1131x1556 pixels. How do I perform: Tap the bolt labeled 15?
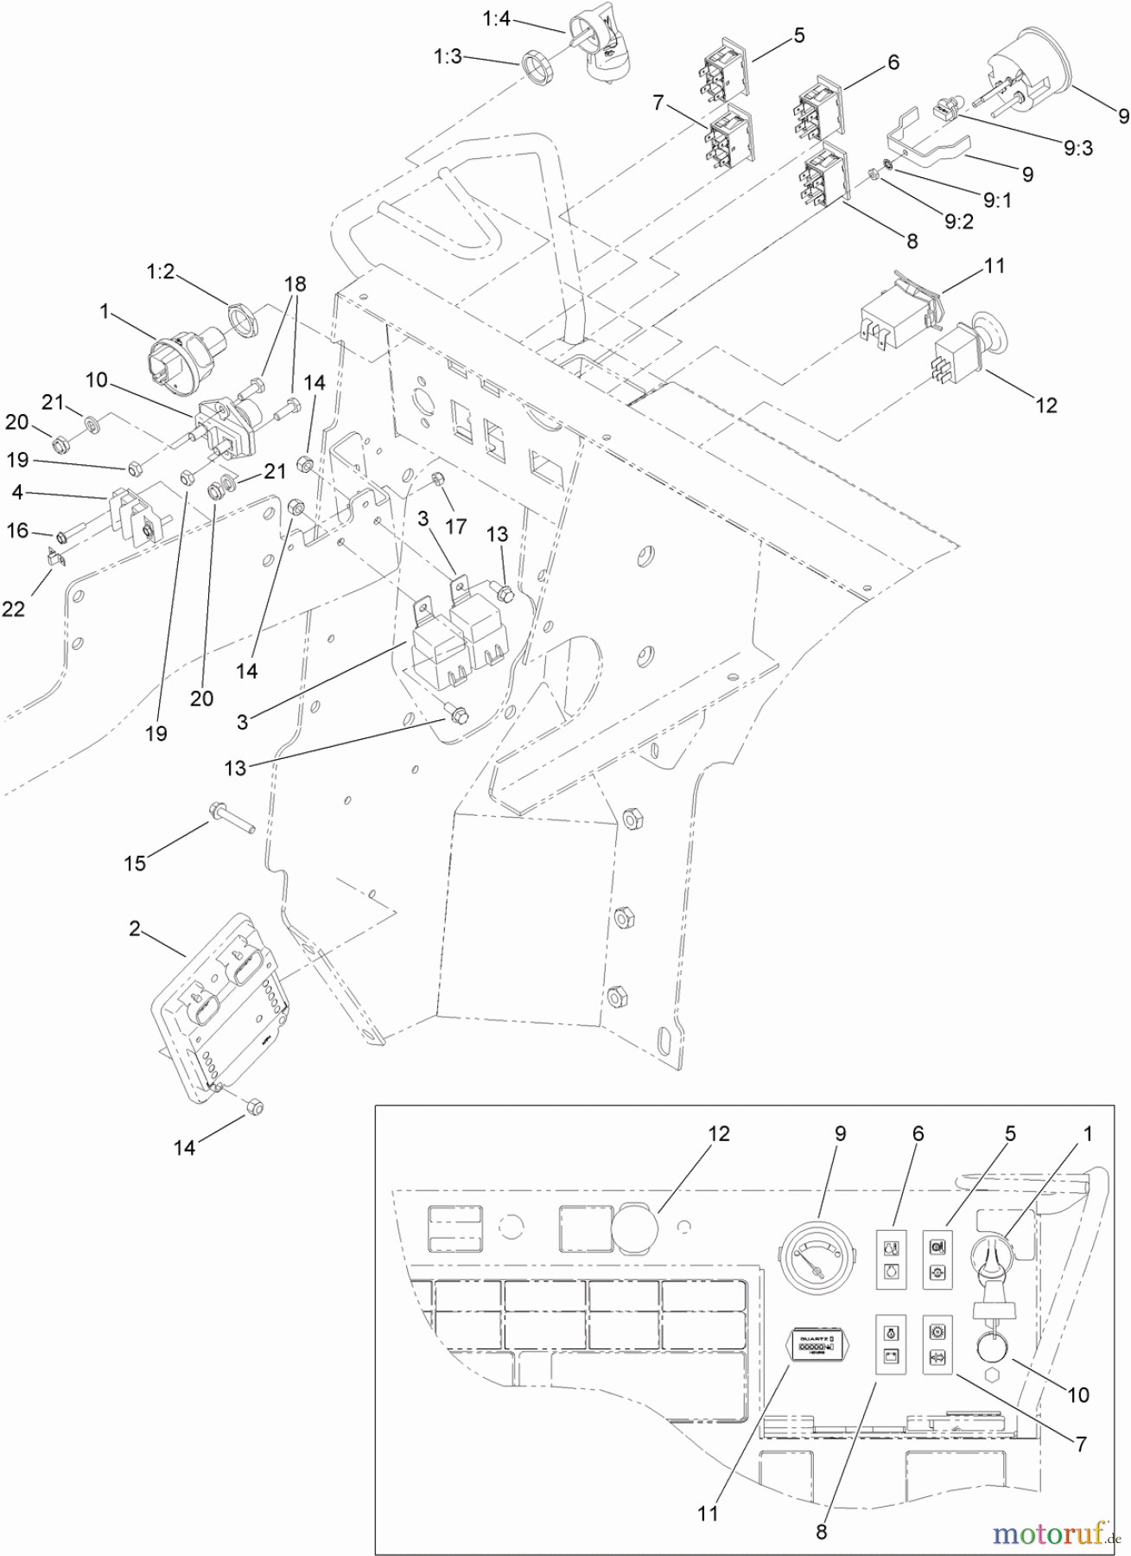tap(229, 817)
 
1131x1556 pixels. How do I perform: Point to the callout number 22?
tap(13, 609)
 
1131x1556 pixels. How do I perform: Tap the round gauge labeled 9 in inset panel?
tap(812, 1258)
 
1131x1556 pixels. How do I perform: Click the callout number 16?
tap(18, 530)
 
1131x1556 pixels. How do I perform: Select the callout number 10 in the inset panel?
tap(1078, 1394)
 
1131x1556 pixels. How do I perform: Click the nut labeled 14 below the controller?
tap(256, 1107)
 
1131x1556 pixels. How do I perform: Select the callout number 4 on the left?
tap(17, 492)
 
